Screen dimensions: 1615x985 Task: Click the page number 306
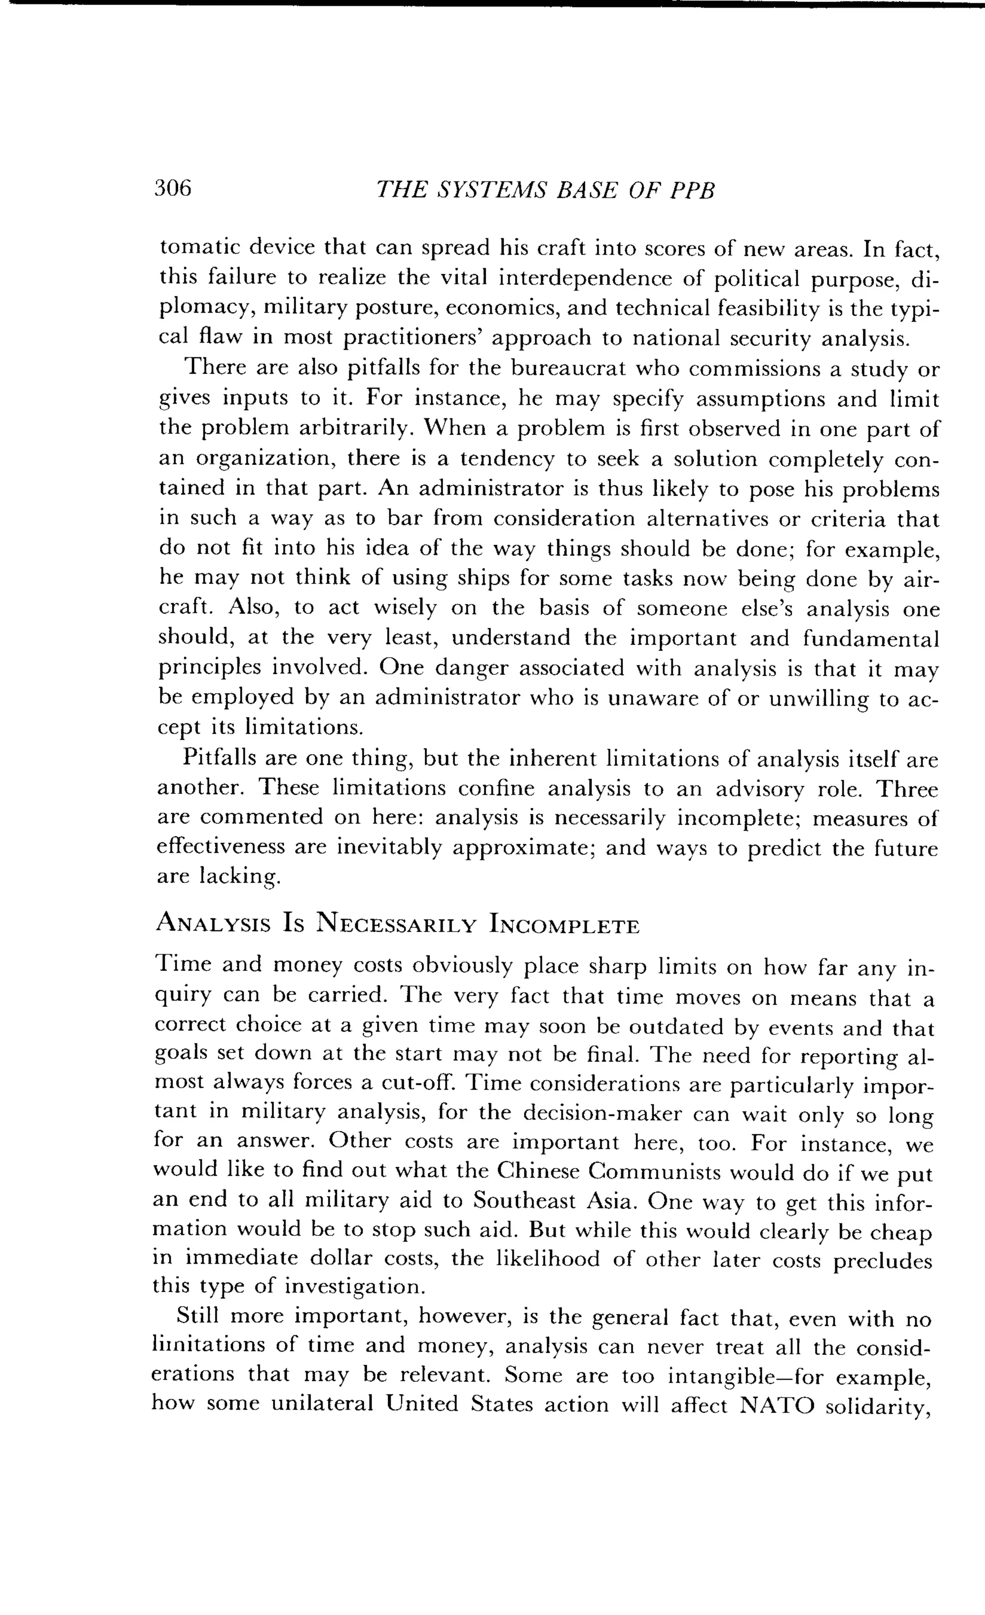[173, 189]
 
